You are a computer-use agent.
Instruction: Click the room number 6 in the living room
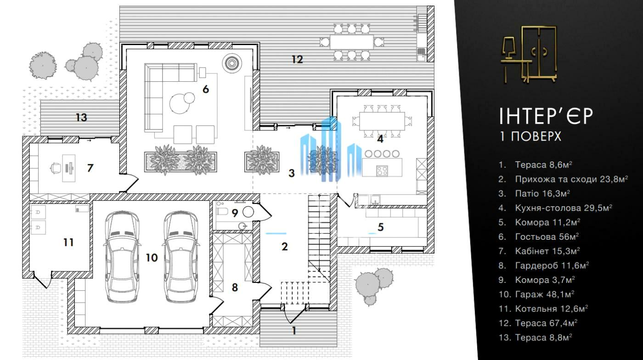tap(206, 89)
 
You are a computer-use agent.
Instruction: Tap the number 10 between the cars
tap(152, 258)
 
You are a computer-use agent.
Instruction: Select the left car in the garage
tap(122, 257)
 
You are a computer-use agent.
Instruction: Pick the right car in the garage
tap(181, 257)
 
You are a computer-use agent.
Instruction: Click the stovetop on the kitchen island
tap(382, 171)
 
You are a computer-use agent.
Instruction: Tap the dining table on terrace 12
tap(352, 42)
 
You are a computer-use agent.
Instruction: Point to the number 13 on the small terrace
tap(81, 118)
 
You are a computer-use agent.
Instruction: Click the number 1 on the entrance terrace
tap(293, 331)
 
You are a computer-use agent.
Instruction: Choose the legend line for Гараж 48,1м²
tap(536, 294)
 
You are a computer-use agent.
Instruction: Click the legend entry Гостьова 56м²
tap(538, 236)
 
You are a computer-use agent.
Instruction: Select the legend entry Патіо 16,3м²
tap(534, 193)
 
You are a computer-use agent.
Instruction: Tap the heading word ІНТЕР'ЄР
tap(546, 116)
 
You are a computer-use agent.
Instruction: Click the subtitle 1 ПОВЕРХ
tap(530, 137)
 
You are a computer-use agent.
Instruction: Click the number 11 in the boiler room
tap(68, 242)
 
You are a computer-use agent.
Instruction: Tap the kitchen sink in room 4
tap(375, 199)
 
